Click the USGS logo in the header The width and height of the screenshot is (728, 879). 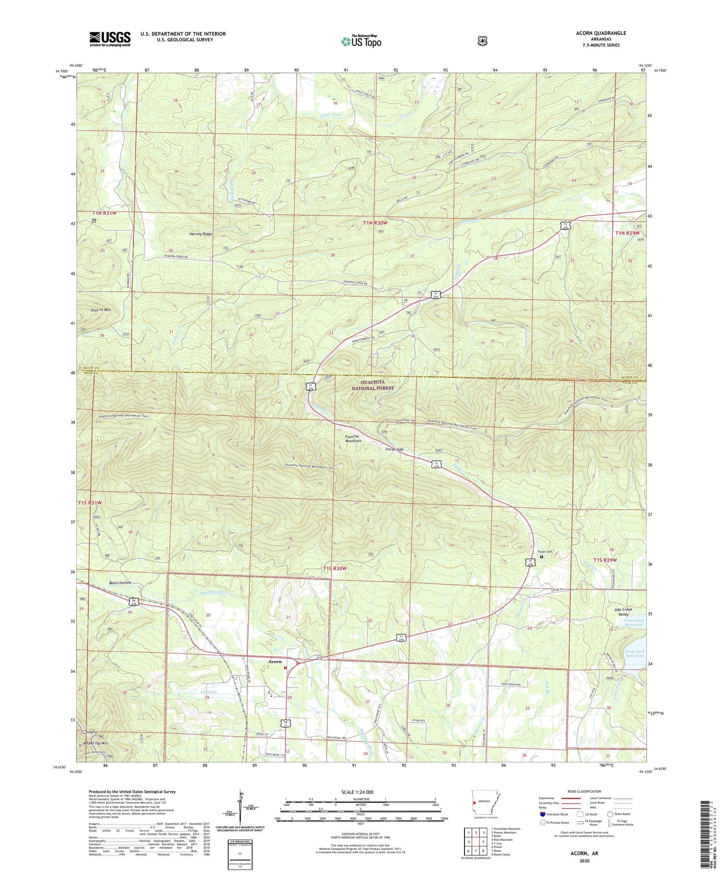tap(110, 39)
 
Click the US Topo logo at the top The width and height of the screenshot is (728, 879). tap(361, 41)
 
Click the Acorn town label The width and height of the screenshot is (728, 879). tap(274, 661)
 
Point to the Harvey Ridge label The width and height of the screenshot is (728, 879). tap(200, 234)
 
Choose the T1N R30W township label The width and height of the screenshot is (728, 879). tap(375, 223)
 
